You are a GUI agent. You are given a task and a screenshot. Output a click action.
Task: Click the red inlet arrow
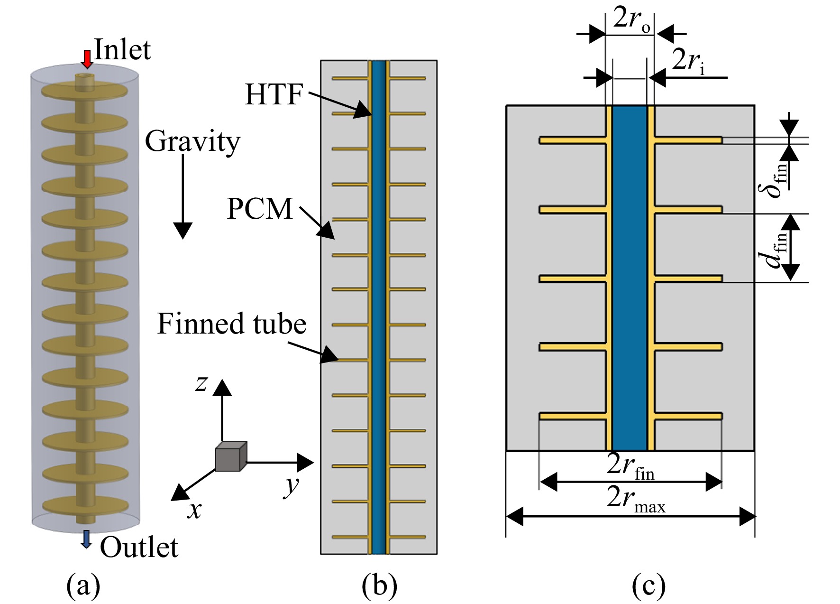pyautogui.click(x=87, y=59)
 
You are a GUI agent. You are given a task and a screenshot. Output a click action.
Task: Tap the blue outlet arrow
pyautogui.click(x=86, y=539)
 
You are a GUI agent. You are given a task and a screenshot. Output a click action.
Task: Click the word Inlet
pyautogui.click(x=123, y=49)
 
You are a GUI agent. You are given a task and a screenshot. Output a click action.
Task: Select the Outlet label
pyautogui.click(x=139, y=547)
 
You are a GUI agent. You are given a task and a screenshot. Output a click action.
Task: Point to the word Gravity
pyautogui.click(x=192, y=142)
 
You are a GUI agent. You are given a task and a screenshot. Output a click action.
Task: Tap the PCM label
pyautogui.click(x=260, y=208)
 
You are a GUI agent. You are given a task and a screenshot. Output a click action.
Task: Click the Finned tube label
pyautogui.click(x=232, y=324)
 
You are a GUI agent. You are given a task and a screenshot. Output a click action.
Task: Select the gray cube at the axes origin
pyautogui.click(x=231, y=456)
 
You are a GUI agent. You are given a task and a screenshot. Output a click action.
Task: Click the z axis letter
pyautogui.click(x=201, y=383)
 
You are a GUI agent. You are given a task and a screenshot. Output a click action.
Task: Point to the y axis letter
pyautogui.click(x=292, y=486)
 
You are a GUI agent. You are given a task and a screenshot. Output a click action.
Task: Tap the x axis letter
pyautogui.click(x=194, y=511)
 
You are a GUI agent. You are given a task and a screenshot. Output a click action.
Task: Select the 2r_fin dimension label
pyautogui.click(x=631, y=467)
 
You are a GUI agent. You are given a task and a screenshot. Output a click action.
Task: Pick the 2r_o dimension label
pyautogui.click(x=632, y=21)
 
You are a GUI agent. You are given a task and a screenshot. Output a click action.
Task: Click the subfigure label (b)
pyautogui.click(x=379, y=586)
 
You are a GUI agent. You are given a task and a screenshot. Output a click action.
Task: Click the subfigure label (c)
pyautogui.click(x=648, y=586)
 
